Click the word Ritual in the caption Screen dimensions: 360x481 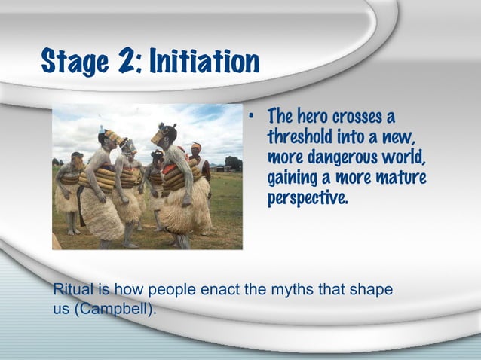coord(70,290)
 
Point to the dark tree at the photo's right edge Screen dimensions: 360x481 coord(234,163)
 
